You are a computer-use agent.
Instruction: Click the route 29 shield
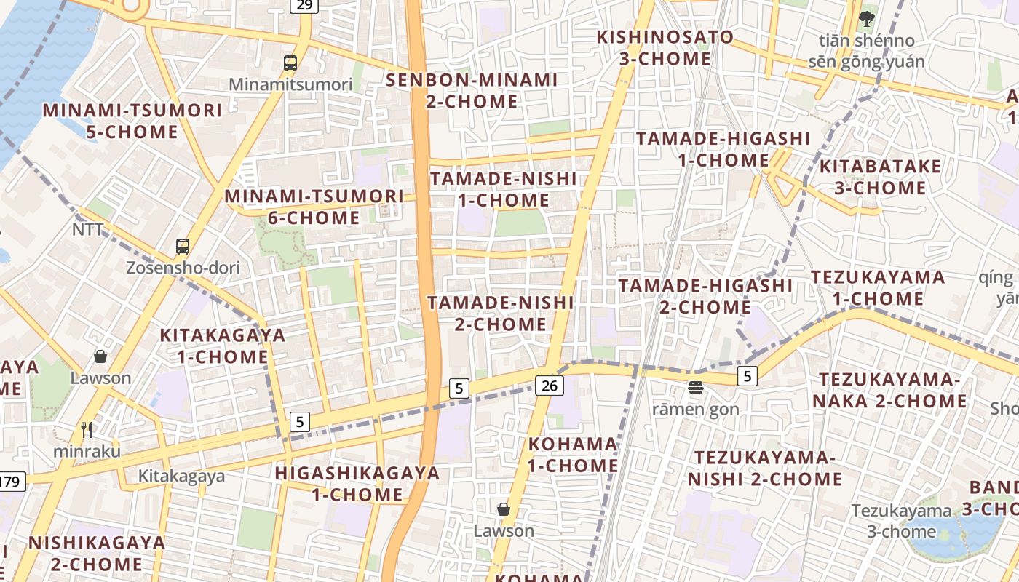point(304,6)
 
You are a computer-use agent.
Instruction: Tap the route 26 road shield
point(550,386)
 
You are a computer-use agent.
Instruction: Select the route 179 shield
point(10,482)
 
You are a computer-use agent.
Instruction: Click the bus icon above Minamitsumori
point(290,63)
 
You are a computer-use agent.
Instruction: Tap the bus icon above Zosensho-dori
point(183,247)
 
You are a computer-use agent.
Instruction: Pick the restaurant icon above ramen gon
point(696,388)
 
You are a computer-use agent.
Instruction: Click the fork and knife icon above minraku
point(87,430)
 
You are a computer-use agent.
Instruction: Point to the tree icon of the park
point(866,18)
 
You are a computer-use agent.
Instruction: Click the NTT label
point(88,230)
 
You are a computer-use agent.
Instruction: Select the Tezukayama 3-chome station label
point(902,521)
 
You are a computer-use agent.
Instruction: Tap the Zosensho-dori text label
point(183,268)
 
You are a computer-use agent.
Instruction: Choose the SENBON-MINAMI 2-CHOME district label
point(472,91)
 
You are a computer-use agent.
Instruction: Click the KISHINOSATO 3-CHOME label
point(665,47)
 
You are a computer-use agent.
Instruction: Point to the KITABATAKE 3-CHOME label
point(881,177)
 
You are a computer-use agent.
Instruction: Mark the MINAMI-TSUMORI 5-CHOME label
point(132,121)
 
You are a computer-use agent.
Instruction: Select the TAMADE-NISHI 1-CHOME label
point(503,189)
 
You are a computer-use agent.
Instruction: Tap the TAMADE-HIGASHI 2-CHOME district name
point(705,296)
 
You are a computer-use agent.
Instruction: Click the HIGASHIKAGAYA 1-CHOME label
point(357,484)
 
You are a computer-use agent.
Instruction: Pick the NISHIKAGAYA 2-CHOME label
point(97,553)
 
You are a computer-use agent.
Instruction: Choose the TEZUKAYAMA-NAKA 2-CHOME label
point(890,391)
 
